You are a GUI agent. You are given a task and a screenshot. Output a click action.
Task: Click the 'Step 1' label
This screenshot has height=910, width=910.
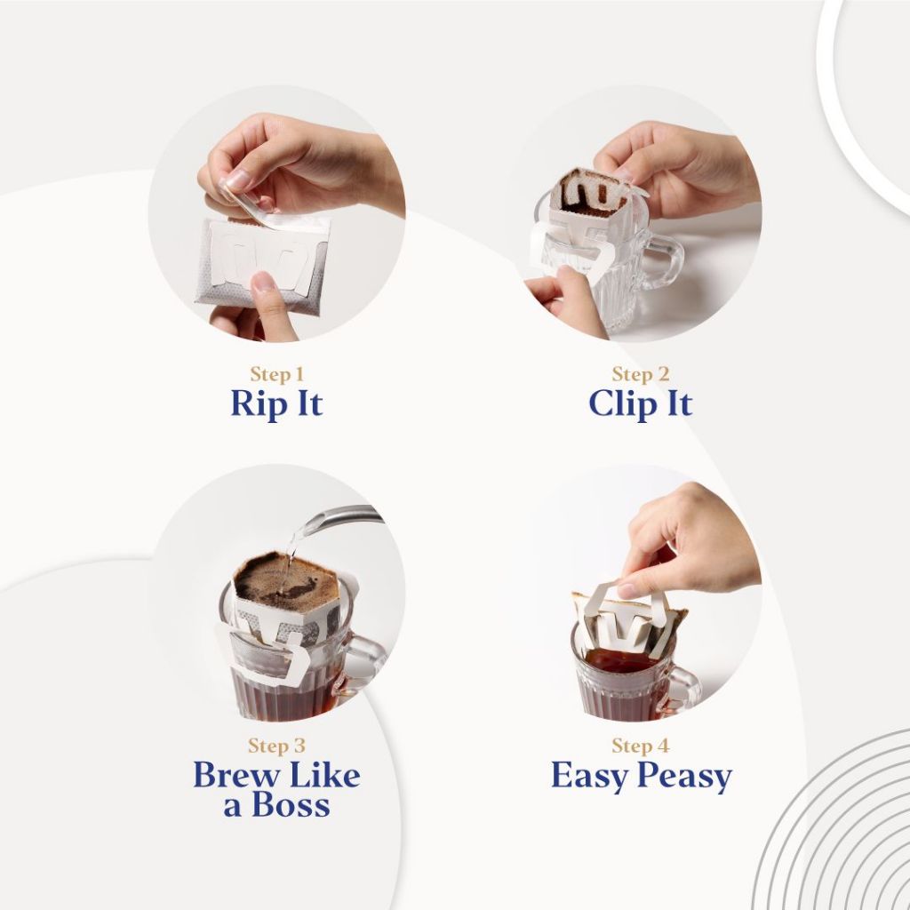(277, 374)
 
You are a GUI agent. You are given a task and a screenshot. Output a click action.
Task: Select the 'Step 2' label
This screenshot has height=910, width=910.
(641, 374)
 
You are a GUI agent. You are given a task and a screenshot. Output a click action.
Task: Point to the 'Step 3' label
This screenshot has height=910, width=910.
(277, 746)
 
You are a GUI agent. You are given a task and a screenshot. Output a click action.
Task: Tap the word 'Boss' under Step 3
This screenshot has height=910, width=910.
(291, 805)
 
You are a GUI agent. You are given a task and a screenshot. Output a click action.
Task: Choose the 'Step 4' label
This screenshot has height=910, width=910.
(641, 746)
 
